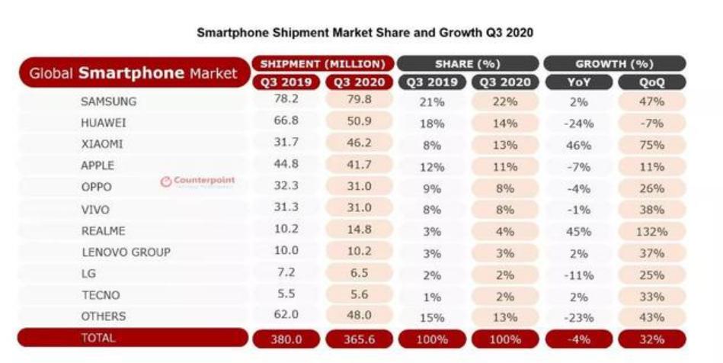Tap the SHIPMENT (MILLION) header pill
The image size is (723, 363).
(324, 63)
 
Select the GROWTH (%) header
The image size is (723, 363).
(614, 63)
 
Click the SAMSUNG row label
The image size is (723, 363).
(109, 101)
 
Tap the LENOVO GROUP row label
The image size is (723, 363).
(126, 252)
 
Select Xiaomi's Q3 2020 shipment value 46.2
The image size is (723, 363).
(359, 143)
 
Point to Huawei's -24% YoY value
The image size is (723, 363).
(577, 122)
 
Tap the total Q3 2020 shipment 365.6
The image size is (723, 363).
(359, 339)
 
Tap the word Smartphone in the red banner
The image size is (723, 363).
(131, 74)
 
